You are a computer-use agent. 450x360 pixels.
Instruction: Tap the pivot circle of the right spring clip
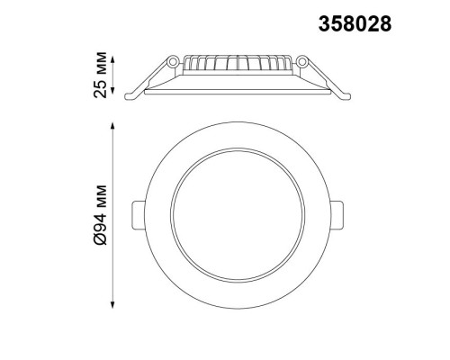301,62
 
